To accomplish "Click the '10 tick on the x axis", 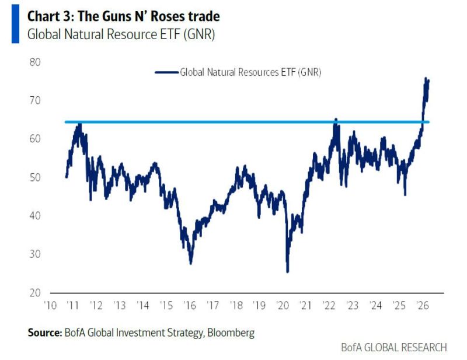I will [x=50, y=305].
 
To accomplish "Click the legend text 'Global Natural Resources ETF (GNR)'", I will [x=251, y=72].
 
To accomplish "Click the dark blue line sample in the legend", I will [x=166, y=72].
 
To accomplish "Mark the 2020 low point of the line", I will [x=287, y=271].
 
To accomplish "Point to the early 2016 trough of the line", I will [x=190, y=263].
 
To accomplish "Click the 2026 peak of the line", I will [x=426, y=79].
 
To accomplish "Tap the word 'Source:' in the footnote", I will [x=44, y=333].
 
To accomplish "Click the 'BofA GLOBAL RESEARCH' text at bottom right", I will [x=394, y=347].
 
